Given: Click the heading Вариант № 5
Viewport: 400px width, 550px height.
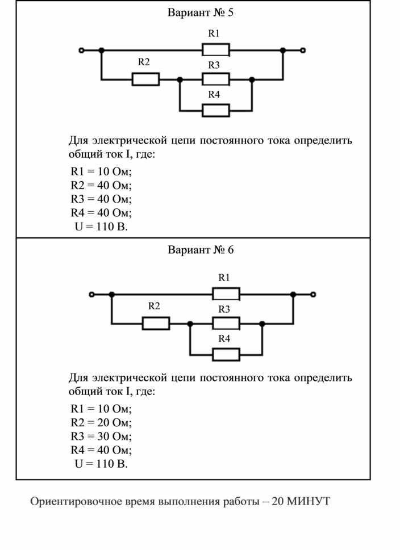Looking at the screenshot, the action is [x=200, y=12].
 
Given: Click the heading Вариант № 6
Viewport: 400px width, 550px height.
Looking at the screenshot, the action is [x=201, y=250].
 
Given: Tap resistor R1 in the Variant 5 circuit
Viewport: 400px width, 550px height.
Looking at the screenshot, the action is [x=216, y=50].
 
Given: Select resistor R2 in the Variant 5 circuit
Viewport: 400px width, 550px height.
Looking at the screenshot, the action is [x=146, y=79].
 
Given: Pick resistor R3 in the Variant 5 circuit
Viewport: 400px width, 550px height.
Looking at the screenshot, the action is [x=216, y=79].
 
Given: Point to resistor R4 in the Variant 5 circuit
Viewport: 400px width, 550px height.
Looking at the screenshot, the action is [x=216, y=111].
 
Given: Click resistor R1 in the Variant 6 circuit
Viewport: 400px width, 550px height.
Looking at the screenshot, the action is [x=226, y=294].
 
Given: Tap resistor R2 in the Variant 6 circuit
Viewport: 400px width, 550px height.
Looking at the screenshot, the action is [x=156, y=324].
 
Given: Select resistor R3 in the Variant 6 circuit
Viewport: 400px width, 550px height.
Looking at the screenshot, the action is [x=226, y=324].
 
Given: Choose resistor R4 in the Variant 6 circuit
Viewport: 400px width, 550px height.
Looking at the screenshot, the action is [x=226, y=355].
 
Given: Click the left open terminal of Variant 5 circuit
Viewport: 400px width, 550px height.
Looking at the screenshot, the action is [x=81, y=50].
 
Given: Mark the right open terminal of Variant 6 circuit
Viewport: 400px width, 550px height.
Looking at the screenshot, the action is [x=313, y=294].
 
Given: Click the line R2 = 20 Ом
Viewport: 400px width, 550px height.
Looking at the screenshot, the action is [x=101, y=422].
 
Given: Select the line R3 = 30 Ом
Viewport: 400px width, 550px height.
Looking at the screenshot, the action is [x=101, y=436].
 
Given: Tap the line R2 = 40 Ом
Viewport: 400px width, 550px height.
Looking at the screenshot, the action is [x=101, y=185].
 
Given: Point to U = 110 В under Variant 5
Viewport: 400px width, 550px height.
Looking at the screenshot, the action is [x=101, y=226].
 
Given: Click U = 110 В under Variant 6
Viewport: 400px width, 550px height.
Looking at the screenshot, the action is [x=101, y=463].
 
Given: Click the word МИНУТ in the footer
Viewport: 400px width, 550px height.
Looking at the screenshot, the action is [x=309, y=501].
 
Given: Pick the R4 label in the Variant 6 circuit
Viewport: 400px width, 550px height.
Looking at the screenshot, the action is [x=224, y=338].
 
